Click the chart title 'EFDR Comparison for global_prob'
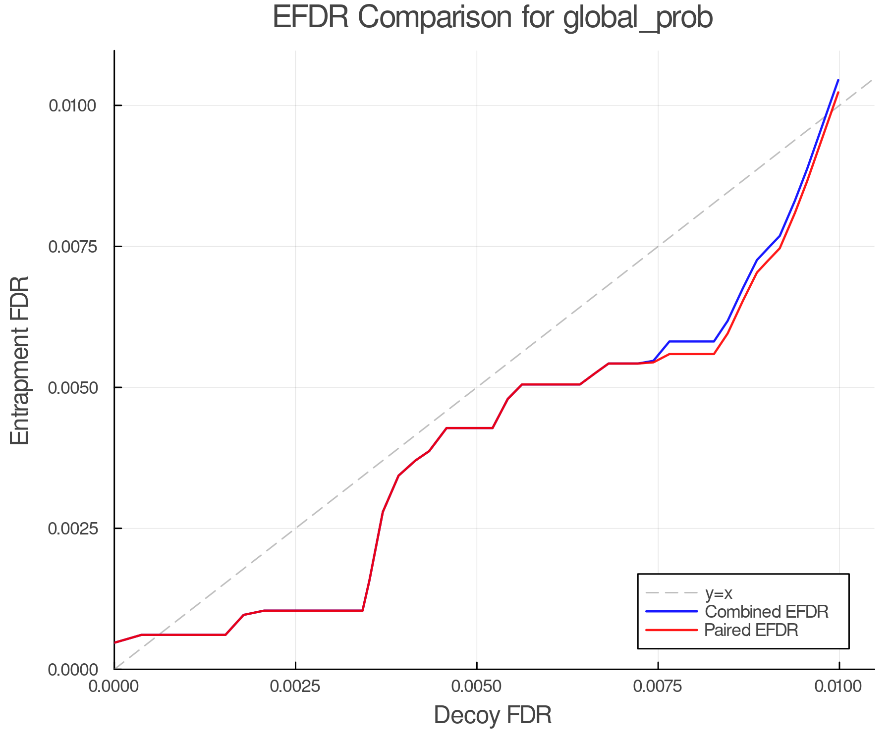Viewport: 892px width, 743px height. (493, 18)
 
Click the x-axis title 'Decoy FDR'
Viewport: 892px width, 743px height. (493, 715)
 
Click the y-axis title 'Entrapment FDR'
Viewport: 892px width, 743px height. (20, 360)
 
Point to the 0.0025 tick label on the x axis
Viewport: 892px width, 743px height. (295, 687)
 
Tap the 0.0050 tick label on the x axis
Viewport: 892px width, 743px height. (477, 687)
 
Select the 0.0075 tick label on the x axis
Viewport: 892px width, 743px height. (658, 687)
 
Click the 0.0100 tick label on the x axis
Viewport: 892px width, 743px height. (838, 687)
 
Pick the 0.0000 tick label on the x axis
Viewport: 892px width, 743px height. (114, 687)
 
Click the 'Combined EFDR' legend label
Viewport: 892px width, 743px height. (766, 612)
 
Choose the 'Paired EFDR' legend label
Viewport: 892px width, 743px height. (751, 630)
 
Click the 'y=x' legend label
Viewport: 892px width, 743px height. (719, 593)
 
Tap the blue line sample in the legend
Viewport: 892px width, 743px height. (671, 612)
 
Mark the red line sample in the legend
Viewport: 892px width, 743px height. (671, 630)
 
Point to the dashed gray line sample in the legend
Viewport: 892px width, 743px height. (671, 593)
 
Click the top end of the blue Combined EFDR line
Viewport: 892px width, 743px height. (838, 80)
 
